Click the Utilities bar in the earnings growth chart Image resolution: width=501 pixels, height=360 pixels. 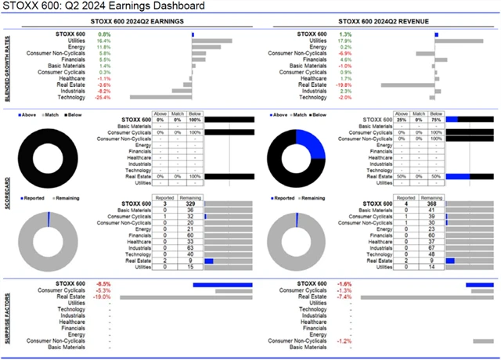[x=211, y=41]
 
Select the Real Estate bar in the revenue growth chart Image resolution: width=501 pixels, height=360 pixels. [x=408, y=85]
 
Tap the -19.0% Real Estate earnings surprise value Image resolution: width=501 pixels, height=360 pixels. [x=103, y=297]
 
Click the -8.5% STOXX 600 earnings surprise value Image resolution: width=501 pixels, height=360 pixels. [x=103, y=284]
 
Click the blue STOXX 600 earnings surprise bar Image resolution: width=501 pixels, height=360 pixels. [x=222, y=284]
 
